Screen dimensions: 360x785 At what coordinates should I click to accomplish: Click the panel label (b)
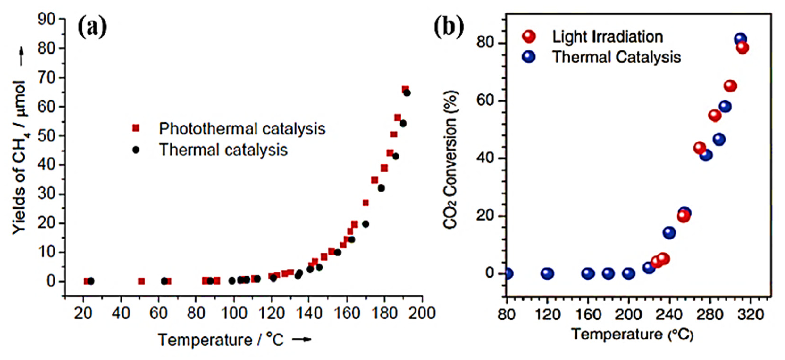(x=449, y=27)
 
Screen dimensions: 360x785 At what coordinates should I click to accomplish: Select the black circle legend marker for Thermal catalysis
(x=136, y=150)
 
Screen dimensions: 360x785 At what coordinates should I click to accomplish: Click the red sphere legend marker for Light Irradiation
(x=529, y=37)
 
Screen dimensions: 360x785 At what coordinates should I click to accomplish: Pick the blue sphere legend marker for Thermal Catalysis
(x=529, y=57)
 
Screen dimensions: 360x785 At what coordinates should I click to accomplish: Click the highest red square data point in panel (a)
(x=405, y=89)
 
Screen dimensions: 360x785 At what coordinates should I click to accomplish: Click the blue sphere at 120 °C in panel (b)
(x=547, y=273)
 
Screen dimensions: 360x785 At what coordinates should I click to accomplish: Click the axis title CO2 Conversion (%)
(x=450, y=160)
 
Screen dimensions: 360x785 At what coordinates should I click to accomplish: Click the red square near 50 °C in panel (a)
(x=141, y=281)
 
